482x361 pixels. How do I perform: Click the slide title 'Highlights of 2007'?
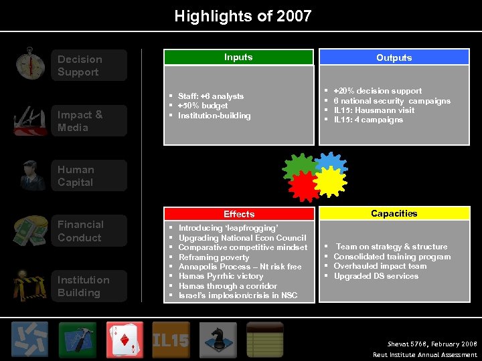[x=242, y=16]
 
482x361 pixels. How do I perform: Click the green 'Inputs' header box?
[x=238, y=57]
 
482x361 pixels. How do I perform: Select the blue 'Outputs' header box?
[x=394, y=57]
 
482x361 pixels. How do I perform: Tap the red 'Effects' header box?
[x=239, y=214]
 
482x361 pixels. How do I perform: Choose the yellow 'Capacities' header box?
[x=394, y=213]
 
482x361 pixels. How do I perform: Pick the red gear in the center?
[x=305, y=185]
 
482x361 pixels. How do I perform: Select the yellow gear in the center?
[x=330, y=182]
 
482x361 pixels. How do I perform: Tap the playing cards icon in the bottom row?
[x=125, y=340]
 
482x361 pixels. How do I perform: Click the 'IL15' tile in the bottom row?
[x=171, y=340]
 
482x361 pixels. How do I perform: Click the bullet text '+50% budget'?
[x=203, y=106]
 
